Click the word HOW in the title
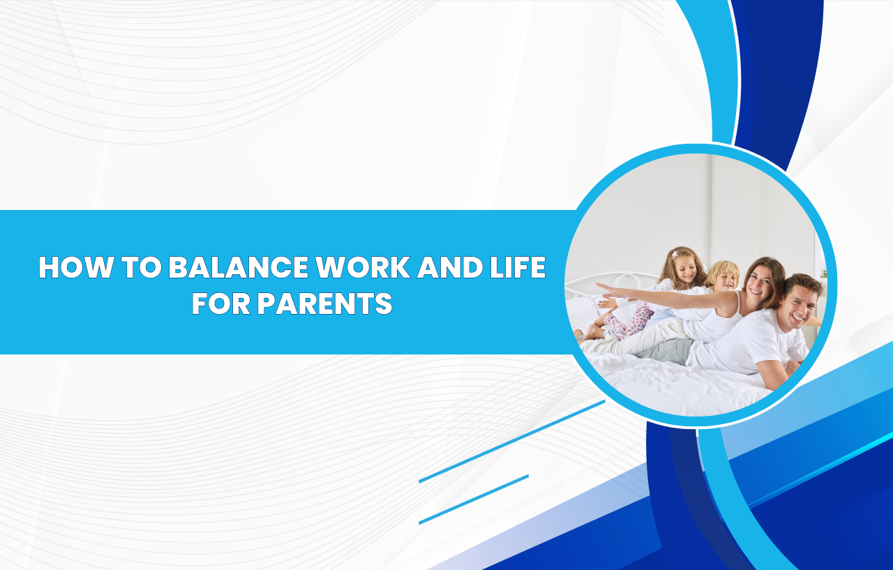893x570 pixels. point(75,267)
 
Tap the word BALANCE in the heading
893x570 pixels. point(239,267)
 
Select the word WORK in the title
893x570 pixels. point(363,267)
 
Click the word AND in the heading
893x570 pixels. point(450,267)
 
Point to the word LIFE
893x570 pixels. point(518,267)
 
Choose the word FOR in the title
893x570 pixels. point(221,303)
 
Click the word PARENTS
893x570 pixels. point(324,303)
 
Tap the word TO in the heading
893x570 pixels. point(141,267)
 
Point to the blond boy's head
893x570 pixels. point(723,276)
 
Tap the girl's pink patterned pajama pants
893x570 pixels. point(629,321)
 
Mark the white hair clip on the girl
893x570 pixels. point(675,253)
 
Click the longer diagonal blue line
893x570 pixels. point(512,441)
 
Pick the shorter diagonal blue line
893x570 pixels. point(474,500)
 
